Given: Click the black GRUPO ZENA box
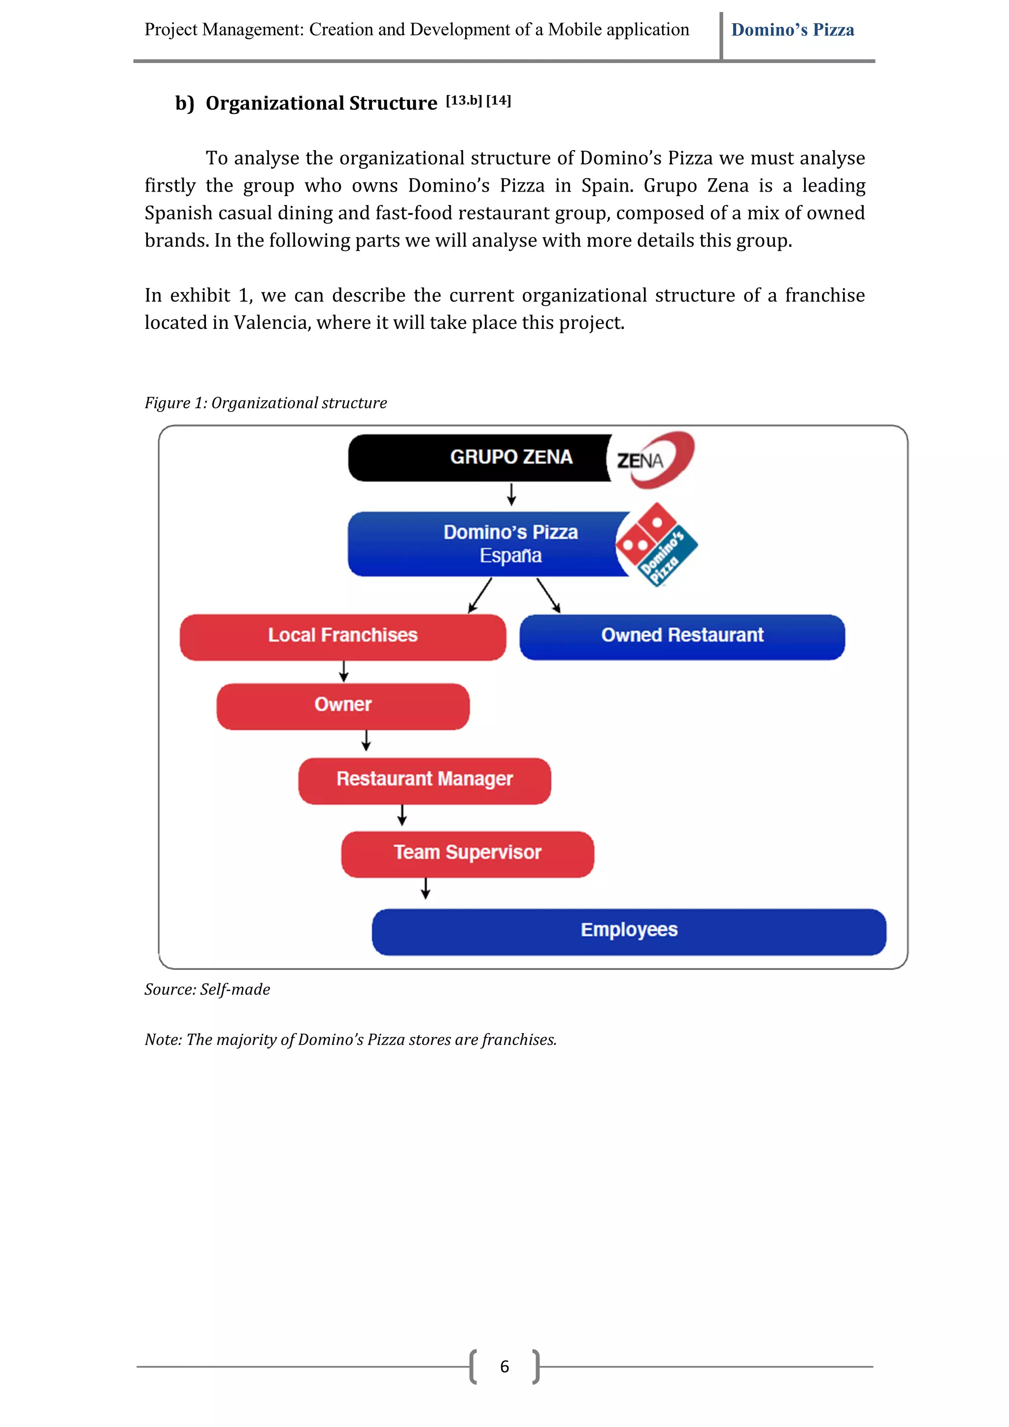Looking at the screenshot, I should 479,457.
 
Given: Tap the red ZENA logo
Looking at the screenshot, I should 651,459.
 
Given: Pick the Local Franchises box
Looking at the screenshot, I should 342,636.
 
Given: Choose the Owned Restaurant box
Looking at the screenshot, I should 682,636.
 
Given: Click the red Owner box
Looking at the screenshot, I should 342,706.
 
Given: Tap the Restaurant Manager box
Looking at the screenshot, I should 425,780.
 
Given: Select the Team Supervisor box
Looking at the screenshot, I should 468,853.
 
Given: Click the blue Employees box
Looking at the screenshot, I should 629,931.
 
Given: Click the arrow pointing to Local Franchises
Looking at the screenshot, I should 480,595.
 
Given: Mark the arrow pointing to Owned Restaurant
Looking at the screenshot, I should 548,595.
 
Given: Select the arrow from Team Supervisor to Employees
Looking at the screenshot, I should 425,889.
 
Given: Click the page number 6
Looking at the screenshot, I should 504,1367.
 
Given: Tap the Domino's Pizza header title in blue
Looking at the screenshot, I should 792,30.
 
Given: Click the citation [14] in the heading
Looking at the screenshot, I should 498,100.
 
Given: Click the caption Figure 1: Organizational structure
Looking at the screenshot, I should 266,403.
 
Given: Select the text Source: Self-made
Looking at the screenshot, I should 207,989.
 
